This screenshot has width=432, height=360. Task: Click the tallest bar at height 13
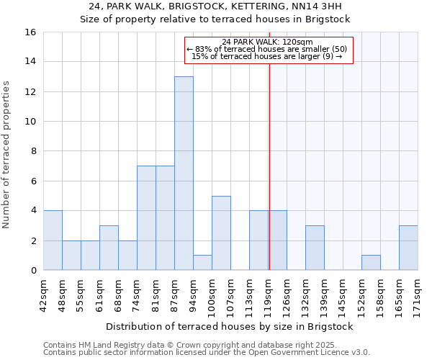pos(184,173)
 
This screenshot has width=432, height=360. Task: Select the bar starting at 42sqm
pos(53,240)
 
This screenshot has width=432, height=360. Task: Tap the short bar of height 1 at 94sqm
pos(202,263)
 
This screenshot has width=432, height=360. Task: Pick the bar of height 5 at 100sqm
pos(221,233)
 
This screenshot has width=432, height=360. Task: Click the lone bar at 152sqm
pos(371,263)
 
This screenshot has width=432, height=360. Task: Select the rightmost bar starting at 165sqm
pos(408,248)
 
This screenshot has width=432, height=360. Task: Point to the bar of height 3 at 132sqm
pos(315,248)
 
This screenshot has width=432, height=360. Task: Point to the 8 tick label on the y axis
pos(33,151)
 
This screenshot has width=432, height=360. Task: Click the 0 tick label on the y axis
pos(33,271)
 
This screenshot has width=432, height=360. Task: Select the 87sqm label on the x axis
pos(175,294)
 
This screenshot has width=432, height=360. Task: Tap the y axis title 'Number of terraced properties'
pos(7,155)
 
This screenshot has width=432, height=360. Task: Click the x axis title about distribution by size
pos(234,326)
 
